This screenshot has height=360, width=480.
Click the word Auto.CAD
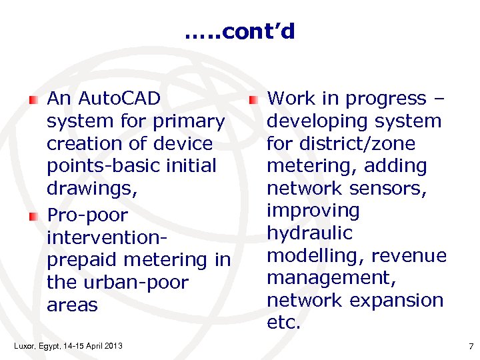(119, 99)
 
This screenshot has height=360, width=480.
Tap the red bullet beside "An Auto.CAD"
(33, 100)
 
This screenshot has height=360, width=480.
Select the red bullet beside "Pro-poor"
(33, 216)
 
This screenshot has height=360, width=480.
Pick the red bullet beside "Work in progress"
(253, 99)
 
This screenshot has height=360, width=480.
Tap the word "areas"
(72, 305)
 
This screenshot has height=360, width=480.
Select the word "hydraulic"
(311, 233)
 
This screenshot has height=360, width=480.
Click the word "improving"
(313, 211)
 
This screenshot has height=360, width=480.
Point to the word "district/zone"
(358, 143)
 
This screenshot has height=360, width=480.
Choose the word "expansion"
(397, 301)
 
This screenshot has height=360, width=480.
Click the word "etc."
(283, 323)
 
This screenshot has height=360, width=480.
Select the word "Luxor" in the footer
(23, 345)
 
